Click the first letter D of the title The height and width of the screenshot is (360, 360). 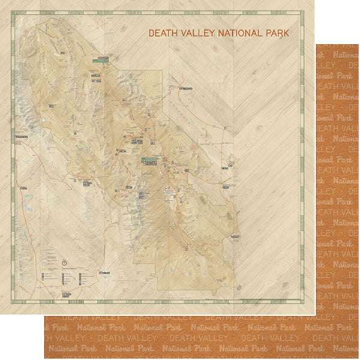(x=151, y=34)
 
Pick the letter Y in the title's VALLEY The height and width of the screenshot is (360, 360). (x=210, y=34)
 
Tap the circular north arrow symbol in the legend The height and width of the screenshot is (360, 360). (x=64, y=262)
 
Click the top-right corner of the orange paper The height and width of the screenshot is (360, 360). (x=358, y=43)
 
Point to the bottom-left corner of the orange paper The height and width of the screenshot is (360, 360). (x=44, y=358)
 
